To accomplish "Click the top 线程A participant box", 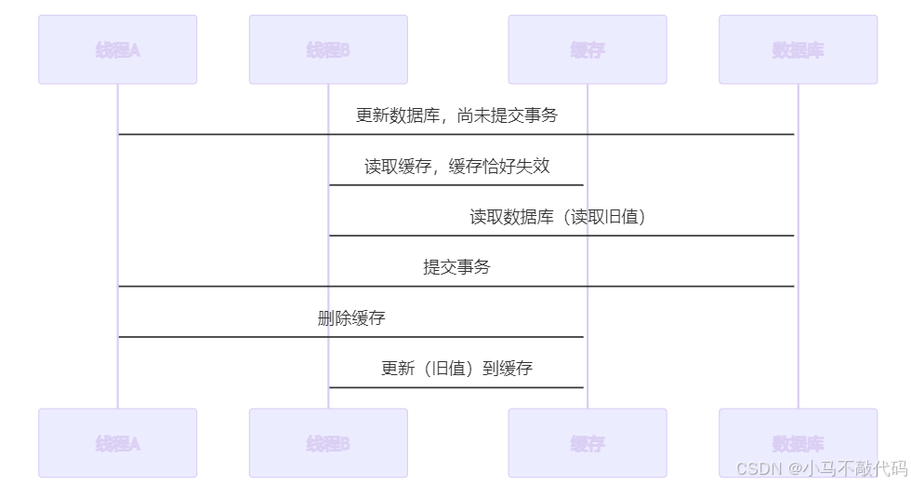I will point(117,49).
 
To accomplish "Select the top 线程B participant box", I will point(328,49).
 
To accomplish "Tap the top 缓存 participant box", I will point(588,49).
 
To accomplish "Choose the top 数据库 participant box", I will point(798,49).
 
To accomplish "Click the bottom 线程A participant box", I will point(117,443).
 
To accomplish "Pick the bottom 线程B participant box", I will point(328,443).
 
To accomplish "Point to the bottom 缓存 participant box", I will point(588,443).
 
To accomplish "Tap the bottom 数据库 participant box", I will point(798,443).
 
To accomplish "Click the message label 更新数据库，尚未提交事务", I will point(456,115).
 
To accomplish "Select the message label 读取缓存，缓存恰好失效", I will point(456,167).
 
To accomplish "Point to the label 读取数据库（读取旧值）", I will point(558,217).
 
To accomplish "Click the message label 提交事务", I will point(456,267).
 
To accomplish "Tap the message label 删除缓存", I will point(351,318).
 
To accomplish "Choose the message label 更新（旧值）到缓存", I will point(456,369).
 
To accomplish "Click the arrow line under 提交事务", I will point(456,286).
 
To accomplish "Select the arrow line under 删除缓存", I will point(351,337).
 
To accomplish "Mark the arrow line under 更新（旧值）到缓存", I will point(456,387).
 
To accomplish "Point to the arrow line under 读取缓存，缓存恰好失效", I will point(456,184).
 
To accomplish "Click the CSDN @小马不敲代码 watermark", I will point(821,468).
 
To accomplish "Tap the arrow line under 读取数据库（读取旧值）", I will point(561,236).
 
